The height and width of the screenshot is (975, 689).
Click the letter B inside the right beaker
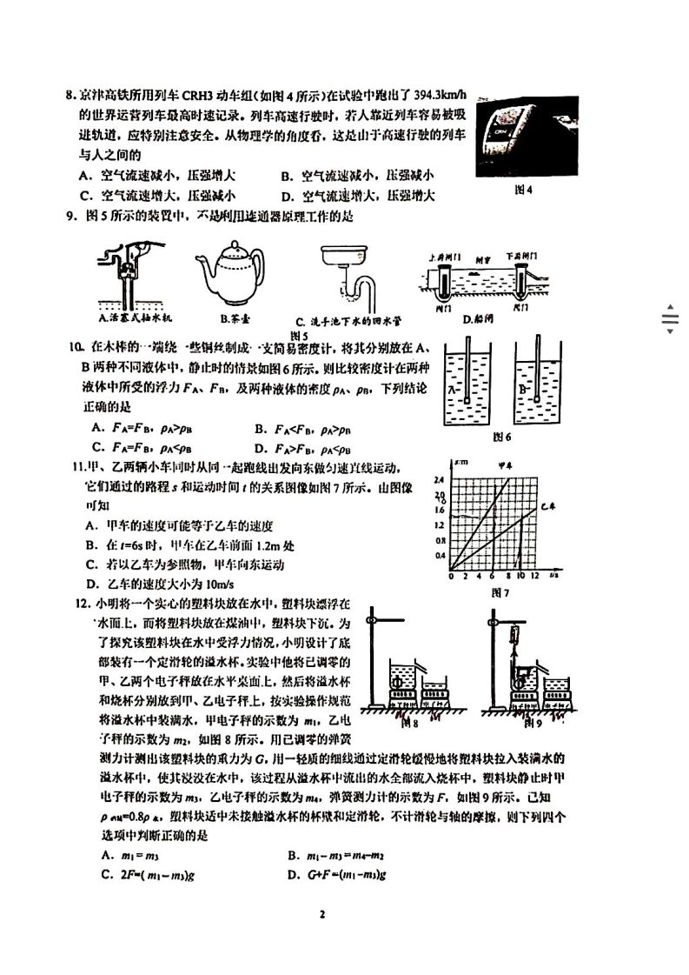pyautogui.click(x=520, y=391)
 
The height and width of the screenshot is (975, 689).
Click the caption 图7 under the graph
pyautogui.click(x=498, y=593)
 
